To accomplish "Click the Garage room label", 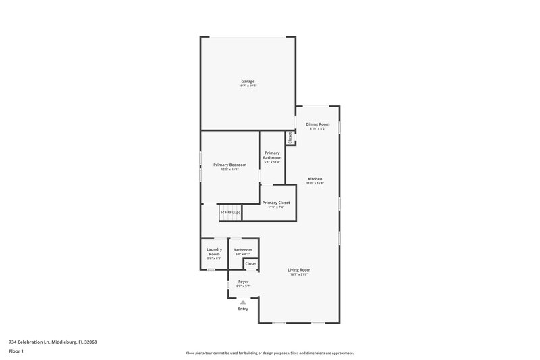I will coord(248,81).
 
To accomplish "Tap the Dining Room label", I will coord(317,124).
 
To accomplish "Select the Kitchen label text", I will coord(315,178).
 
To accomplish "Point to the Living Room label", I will coord(299,269).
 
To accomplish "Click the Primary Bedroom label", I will coord(230,165).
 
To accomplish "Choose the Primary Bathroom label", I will coord(272,155).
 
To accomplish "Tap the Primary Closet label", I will coord(276,203).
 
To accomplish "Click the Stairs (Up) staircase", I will coord(230,213).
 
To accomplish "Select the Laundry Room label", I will coord(214,251).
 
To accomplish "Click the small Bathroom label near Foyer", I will coord(242,250).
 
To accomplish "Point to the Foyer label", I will coord(243,282).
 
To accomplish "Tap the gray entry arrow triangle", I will coord(243,302).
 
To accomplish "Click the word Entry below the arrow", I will coord(243,309).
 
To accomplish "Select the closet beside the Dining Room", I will coord(290,137).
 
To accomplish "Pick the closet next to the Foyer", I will coord(251,263).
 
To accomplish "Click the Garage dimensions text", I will coord(248,86).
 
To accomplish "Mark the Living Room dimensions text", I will coord(299,274).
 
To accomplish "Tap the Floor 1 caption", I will coord(17,352).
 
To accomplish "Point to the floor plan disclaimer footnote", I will coord(269,353).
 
